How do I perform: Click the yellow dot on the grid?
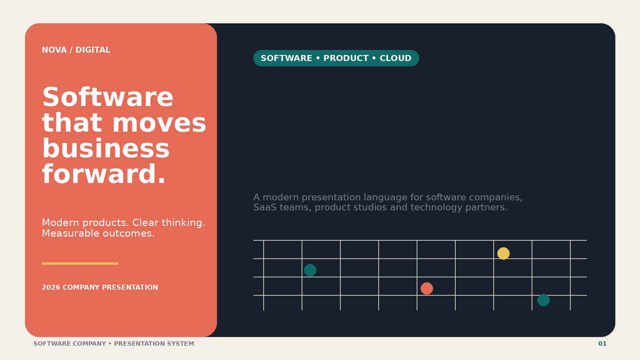(504, 254)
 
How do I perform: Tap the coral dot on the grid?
(427, 288)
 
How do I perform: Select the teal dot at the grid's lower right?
(544, 300)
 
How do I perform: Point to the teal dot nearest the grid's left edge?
(310, 270)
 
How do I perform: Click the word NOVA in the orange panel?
(54, 50)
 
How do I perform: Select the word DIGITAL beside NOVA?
(93, 50)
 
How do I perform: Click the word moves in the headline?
(159, 123)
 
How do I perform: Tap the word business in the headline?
(106, 148)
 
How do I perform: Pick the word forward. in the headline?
(104, 174)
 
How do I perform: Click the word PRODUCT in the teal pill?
(346, 58)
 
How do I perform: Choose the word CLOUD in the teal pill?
(396, 58)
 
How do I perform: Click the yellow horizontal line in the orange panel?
(80, 264)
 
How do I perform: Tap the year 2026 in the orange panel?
(51, 288)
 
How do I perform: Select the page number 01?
(602, 344)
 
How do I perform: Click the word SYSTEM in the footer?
(180, 344)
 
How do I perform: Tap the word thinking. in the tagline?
(184, 223)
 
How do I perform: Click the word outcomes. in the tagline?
(128, 234)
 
